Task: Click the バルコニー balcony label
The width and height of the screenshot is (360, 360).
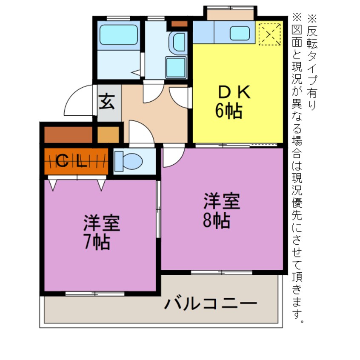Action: [211, 304]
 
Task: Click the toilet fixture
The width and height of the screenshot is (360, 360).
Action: [129, 161]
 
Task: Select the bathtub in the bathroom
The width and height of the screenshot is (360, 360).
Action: [119, 35]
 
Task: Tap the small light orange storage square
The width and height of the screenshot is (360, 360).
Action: [108, 134]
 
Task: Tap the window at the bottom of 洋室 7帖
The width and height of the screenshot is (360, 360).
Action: [95, 293]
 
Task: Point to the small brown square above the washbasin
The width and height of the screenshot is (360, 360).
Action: [179, 24]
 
